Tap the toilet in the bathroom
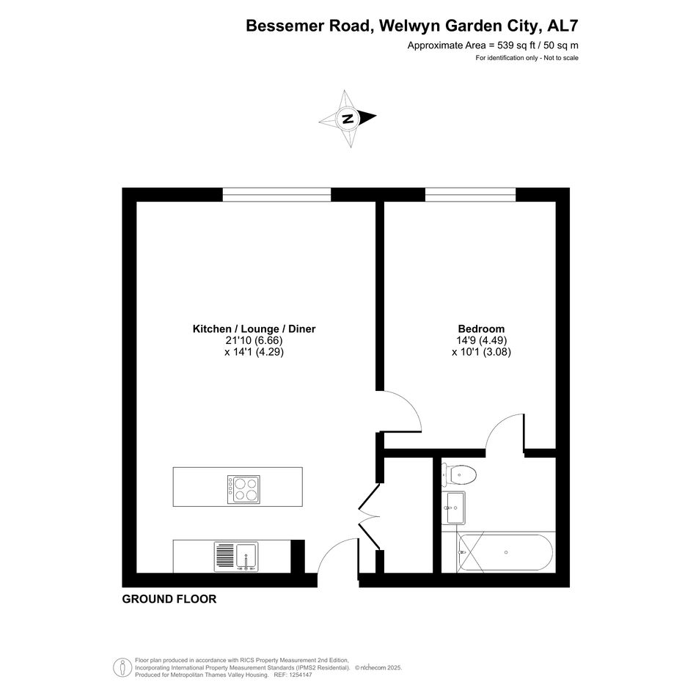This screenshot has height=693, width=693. pyautogui.click(x=459, y=475)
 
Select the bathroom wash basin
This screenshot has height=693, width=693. pyautogui.click(x=453, y=507)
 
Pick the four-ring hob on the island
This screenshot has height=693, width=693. pyautogui.click(x=243, y=489)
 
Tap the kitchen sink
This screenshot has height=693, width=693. pyautogui.click(x=236, y=557)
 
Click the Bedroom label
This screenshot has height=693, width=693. pyautogui.click(x=481, y=329)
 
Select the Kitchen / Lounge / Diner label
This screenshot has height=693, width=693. pyautogui.click(x=254, y=329)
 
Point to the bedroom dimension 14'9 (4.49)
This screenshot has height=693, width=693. pyautogui.click(x=481, y=340)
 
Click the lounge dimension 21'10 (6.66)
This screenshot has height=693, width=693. pyautogui.click(x=254, y=340)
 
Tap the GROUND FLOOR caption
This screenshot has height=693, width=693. pyautogui.click(x=169, y=599)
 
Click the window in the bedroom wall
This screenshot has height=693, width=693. pyautogui.click(x=471, y=195)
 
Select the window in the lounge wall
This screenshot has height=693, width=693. pyautogui.click(x=276, y=195)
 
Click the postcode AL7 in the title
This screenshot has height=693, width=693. pyautogui.click(x=562, y=26)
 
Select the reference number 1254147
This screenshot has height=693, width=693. pyautogui.click(x=300, y=675)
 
